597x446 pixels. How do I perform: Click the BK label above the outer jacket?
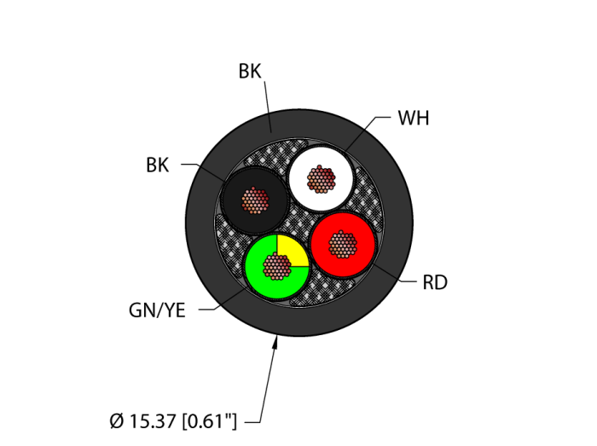click(249, 72)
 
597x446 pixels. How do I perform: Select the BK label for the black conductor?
click(157, 165)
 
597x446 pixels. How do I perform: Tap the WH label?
click(414, 119)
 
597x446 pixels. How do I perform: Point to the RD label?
click(435, 283)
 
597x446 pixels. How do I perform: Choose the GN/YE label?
click(157, 310)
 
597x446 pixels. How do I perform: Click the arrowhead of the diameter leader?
click(275, 342)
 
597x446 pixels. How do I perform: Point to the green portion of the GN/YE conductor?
click(260, 277)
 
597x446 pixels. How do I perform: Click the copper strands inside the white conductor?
click(321, 179)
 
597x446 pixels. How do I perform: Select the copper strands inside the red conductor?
click(343, 245)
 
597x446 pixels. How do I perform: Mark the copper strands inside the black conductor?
click(254, 200)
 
